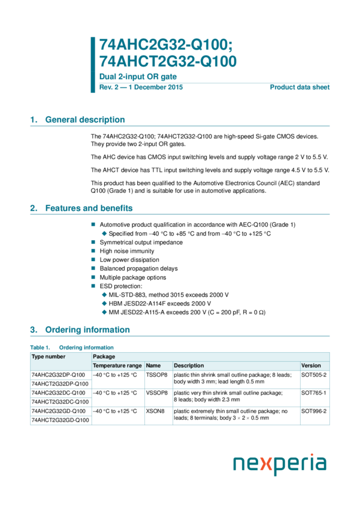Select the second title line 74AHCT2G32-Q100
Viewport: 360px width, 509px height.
click(168, 61)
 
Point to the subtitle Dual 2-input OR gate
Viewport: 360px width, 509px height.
click(138, 77)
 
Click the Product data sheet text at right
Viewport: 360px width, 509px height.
click(300, 87)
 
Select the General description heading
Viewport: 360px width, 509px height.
click(78, 120)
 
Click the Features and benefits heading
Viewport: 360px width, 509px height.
click(81, 208)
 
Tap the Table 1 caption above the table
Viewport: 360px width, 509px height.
click(72, 347)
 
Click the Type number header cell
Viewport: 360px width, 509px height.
click(49, 356)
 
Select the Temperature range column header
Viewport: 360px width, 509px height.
click(117, 365)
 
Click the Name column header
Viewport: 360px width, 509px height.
click(153, 365)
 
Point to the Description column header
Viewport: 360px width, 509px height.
click(189, 365)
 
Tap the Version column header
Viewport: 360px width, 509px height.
click(311, 365)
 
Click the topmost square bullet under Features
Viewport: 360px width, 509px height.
click(93, 224)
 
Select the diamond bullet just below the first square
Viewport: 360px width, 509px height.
click(104, 234)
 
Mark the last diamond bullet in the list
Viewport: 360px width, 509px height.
click(104, 312)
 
